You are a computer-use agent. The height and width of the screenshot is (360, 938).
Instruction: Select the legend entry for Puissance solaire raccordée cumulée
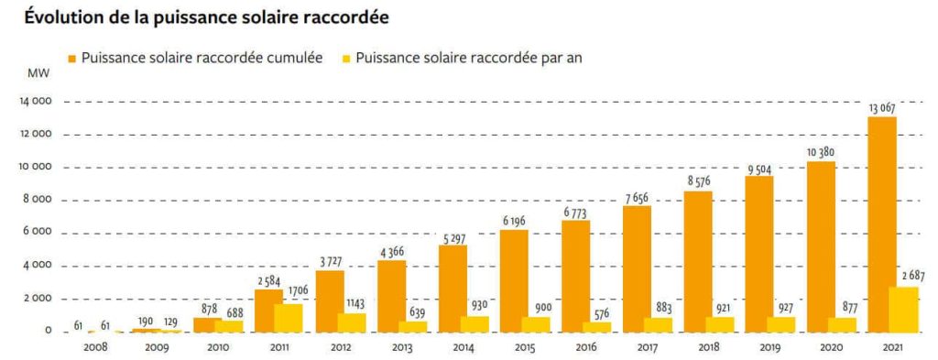201,58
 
